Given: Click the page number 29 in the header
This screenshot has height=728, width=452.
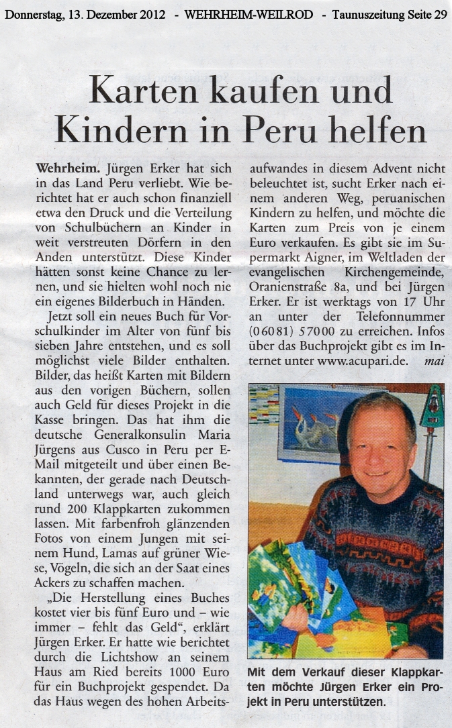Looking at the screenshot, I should click(439, 14).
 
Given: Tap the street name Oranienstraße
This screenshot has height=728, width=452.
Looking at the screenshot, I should click(287, 287).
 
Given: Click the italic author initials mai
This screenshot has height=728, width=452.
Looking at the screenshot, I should click(433, 360).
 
